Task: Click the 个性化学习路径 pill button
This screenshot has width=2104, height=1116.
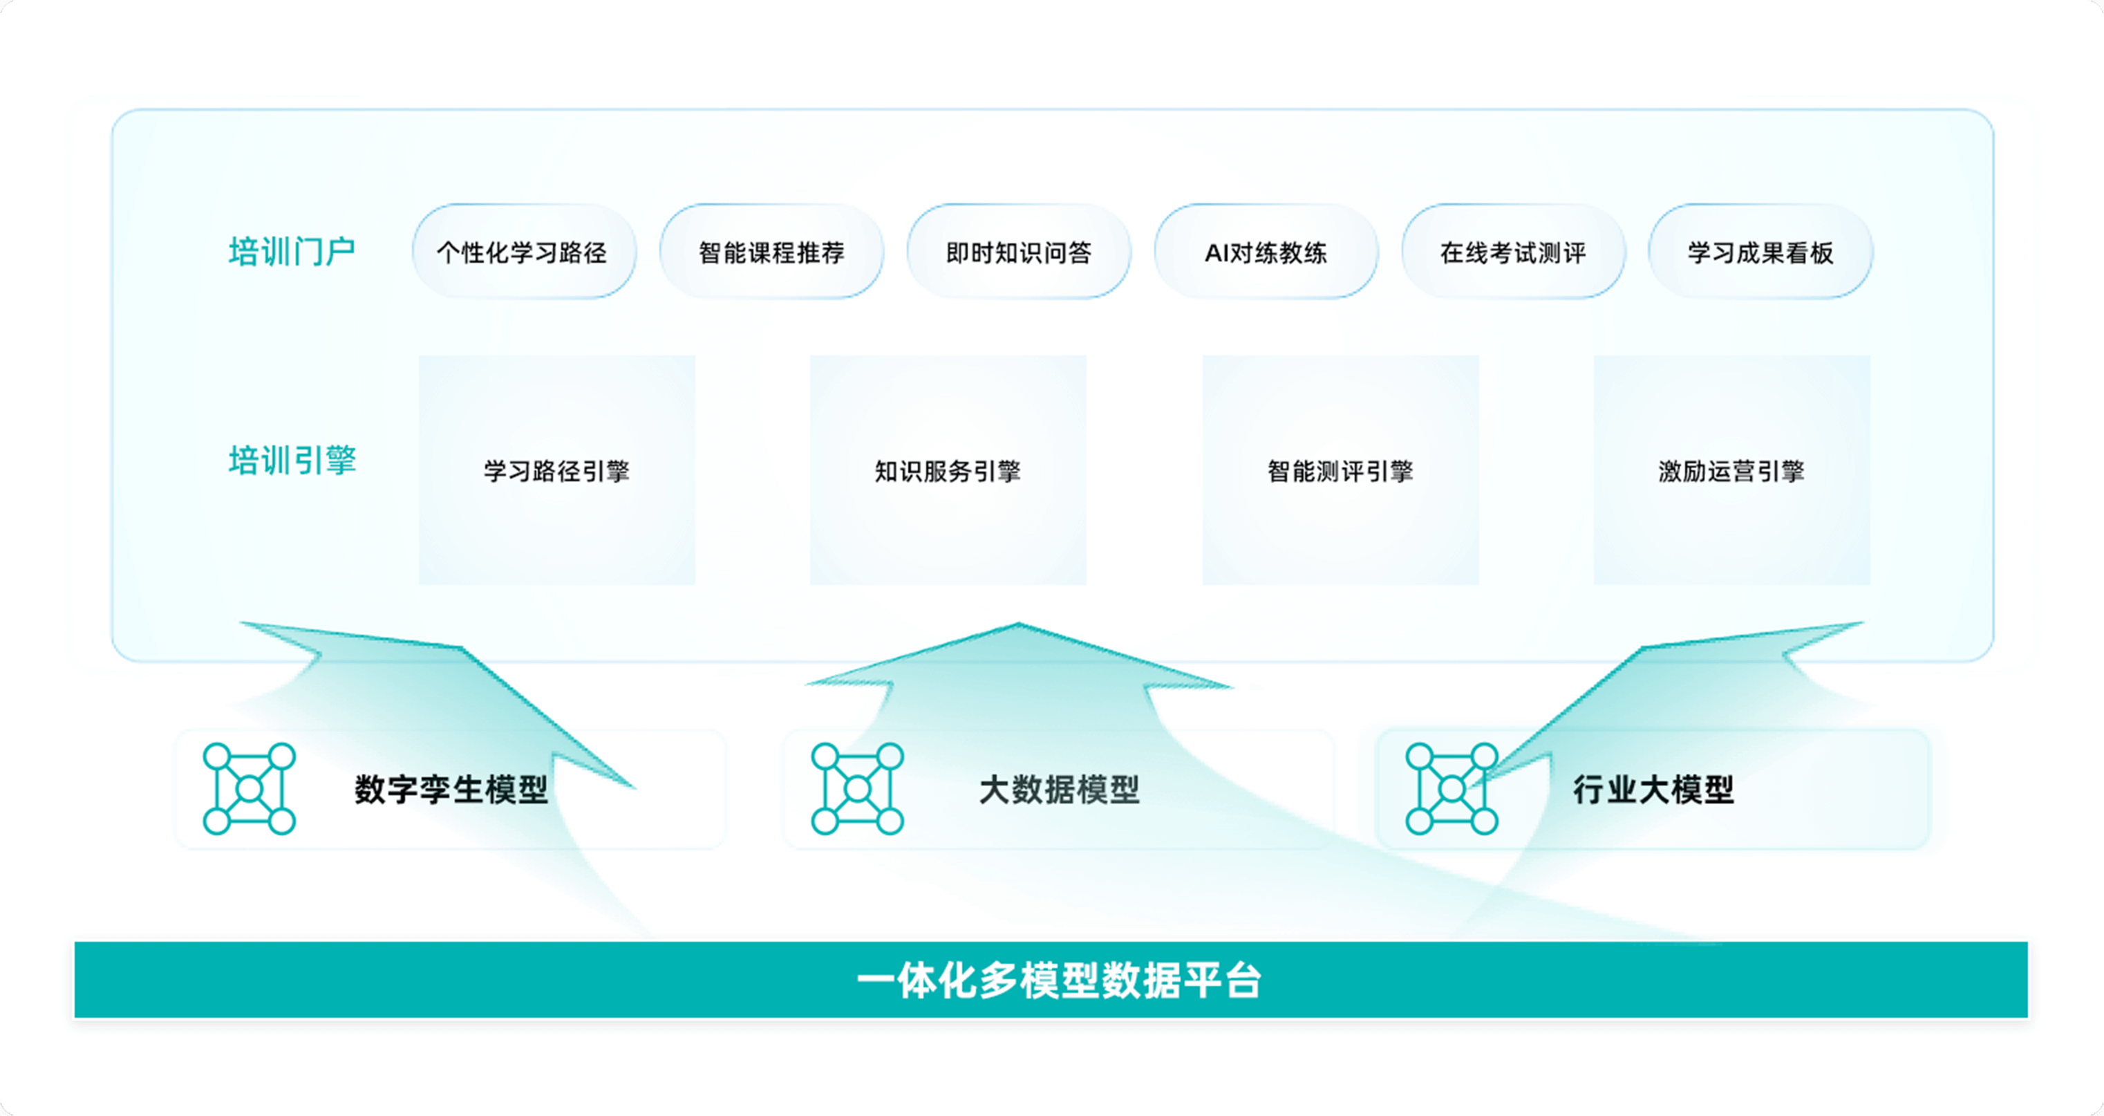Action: (523, 252)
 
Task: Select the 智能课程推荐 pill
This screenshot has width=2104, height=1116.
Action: (771, 252)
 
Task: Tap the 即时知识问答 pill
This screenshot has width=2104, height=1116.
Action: (1019, 252)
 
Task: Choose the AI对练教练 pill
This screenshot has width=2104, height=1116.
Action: (1266, 252)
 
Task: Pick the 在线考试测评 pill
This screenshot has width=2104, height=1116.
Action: (1512, 252)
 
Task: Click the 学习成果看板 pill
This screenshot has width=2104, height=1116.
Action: (1760, 252)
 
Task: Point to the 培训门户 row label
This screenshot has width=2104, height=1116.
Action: (292, 251)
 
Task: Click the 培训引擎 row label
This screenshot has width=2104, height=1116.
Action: (292, 460)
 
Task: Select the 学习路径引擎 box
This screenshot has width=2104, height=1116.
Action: (557, 469)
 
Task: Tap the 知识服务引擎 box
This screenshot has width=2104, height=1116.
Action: (948, 469)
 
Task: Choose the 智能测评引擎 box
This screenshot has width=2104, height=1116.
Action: (1340, 469)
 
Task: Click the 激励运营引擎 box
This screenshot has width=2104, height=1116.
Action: (1731, 469)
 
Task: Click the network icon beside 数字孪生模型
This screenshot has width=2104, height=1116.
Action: (249, 788)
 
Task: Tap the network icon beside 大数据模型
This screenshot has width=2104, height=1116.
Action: (857, 788)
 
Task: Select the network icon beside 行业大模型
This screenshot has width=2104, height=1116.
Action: (1452, 788)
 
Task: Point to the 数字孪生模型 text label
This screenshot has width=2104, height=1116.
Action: (451, 789)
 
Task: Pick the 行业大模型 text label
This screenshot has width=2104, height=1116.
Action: (1653, 789)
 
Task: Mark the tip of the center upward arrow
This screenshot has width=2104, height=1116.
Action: (1019, 625)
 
